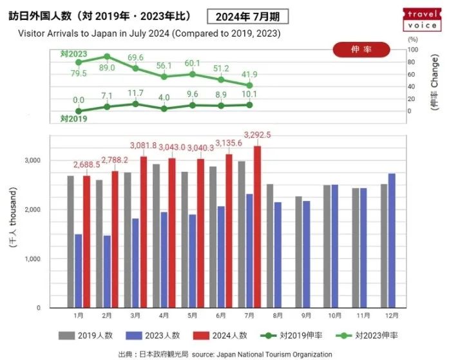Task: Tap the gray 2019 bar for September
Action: (x=299, y=252)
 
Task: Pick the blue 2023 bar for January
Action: (x=79, y=270)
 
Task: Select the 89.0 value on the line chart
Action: (x=107, y=68)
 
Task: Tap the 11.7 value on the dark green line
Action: (x=135, y=93)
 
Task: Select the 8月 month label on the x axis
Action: (x=278, y=316)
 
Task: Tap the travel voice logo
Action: (x=422, y=19)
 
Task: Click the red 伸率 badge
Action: (x=361, y=49)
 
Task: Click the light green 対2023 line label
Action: (x=73, y=53)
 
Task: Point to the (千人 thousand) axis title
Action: (x=13, y=216)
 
